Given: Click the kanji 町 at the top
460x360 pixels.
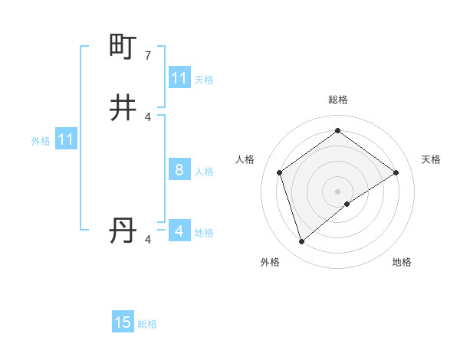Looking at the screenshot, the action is tap(123, 47).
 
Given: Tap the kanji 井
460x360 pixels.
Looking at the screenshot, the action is tap(123, 108).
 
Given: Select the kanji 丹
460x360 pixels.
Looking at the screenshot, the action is tap(123, 231).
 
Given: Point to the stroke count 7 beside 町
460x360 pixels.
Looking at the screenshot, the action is tap(148, 55).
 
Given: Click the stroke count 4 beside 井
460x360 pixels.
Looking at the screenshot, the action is tap(148, 116).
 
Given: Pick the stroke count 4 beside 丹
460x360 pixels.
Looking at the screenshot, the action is tap(148, 240).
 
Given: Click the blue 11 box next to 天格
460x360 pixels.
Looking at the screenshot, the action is tap(179, 78).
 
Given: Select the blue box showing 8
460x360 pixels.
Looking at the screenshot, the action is tap(179, 170).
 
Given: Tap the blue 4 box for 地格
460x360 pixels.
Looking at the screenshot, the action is tap(179, 231).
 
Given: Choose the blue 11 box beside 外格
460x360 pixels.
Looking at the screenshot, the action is tap(66, 139).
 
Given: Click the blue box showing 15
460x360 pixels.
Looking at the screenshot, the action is tap(123, 322).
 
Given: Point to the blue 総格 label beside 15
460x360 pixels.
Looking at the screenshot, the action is tap(148, 324).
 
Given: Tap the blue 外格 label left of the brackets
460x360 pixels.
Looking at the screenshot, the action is tap(41, 141).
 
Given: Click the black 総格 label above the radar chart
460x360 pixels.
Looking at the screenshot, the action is tap(338, 100).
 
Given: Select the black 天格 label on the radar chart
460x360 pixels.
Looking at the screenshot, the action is tap(432, 159).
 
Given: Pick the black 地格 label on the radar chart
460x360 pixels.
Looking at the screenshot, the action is tap(402, 262).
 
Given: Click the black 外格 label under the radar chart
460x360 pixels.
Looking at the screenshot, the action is tap(270, 262).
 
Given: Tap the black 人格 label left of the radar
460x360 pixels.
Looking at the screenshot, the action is tap(245, 159).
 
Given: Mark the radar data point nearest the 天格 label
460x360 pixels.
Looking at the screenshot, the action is tap(396, 172).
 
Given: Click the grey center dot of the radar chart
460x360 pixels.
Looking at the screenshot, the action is tap(338, 191).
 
